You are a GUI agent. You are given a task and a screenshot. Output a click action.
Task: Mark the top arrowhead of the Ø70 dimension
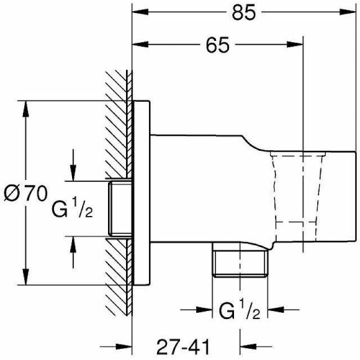[x=25, y=107]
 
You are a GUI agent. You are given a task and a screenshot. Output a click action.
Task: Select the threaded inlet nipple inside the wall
[x=120, y=209]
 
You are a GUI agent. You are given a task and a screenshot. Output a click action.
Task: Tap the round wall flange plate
[x=142, y=192]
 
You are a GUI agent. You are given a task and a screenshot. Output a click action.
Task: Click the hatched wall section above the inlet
[x=117, y=124]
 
